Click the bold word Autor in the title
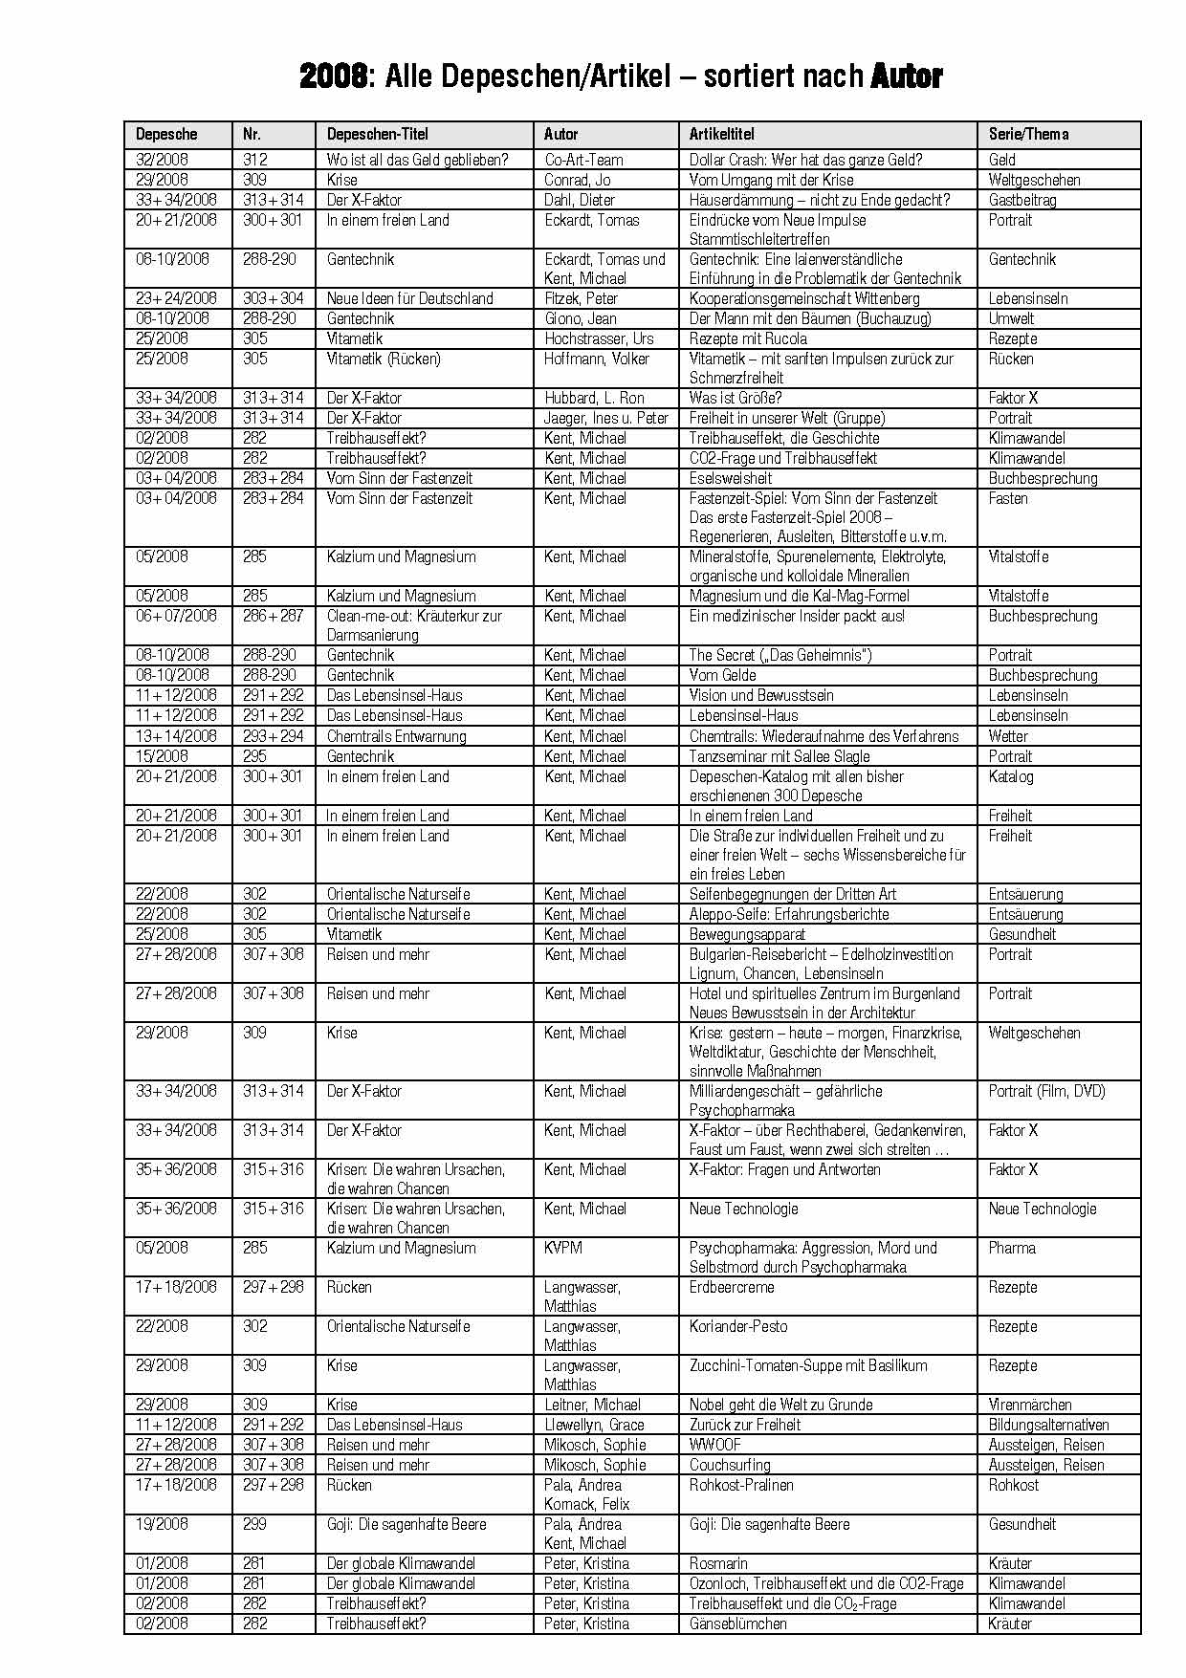click(907, 76)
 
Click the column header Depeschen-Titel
click(378, 135)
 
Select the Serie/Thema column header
click(1028, 135)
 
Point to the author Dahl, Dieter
click(580, 200)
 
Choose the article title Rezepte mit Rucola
click(748, 338)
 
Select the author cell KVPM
click(563, 1248)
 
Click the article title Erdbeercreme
click(732, 1287)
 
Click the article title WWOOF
click(715, 1445)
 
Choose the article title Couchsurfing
click(730, 1465)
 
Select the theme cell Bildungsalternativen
click(1048, 1425)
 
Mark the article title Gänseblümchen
click(738, 1624)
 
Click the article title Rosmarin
click(718, 1563)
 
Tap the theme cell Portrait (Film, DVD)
click(1046, 1091)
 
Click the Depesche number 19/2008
click(162, 1524)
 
